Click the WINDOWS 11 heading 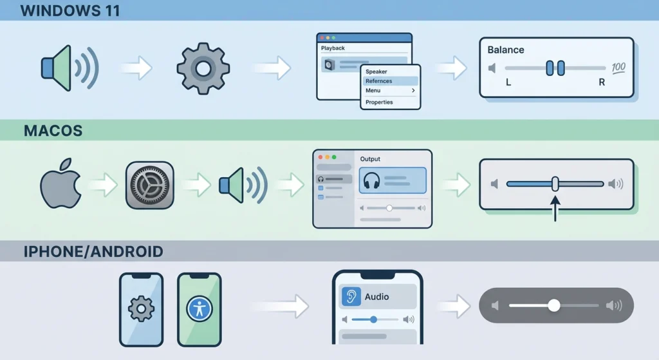coord(70,10)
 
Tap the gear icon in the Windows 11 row coord(203,68)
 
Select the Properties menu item coord(379,102)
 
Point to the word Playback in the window coord(333,48)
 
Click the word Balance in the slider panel coord(506,50)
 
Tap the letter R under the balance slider coord(602,82)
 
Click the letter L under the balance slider coord(508,82)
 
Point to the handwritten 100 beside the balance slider coord(618,68)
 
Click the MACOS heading coord(53,131)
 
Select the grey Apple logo coord(60,184)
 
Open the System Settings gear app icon coord(149,185)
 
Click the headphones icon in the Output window coord(371,180)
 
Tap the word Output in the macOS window coord(370,159)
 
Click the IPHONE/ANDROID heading coord(93,252)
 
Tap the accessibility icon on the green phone coord(200,309)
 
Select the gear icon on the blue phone coord(141,309)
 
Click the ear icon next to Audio coord(351,296)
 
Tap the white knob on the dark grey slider coord(554,305)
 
